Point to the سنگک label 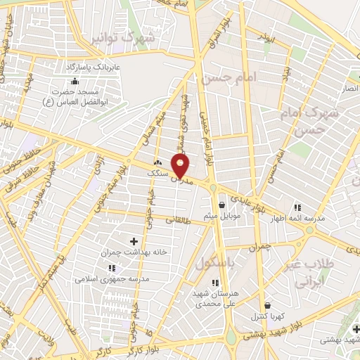tap(157, 173)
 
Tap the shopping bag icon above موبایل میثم tap(222, 205)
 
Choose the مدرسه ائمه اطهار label tap(299, 219)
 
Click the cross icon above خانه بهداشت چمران tap(134, 241)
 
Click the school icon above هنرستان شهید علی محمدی tap(214, 283)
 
